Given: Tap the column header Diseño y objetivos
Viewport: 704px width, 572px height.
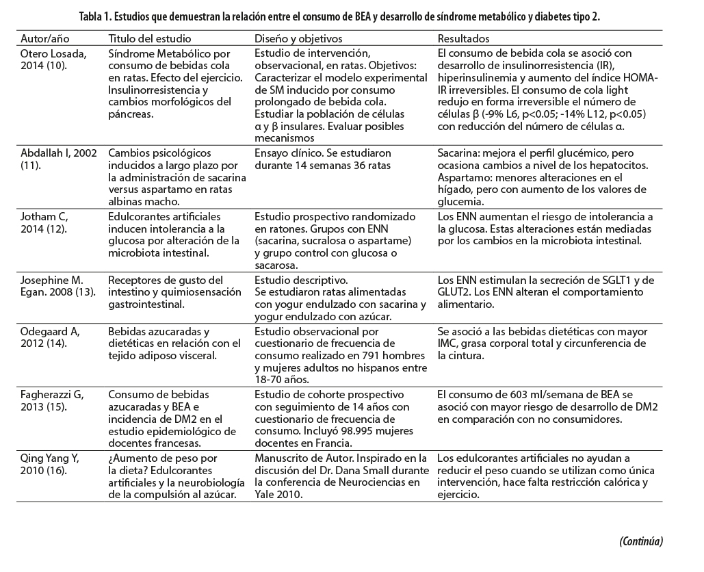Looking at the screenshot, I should [x=298, y=39].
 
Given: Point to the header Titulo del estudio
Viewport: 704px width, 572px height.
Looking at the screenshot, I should [x=150, y=39].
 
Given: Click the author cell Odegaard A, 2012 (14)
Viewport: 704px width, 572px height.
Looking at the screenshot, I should [x=51, y=339].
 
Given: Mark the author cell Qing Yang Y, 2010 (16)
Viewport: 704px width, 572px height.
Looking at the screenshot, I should [x=51, y=465].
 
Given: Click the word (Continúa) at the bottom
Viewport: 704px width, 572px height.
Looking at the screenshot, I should [x=641, y=541].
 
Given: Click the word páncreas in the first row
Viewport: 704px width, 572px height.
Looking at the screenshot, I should [x=130, y=116].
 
